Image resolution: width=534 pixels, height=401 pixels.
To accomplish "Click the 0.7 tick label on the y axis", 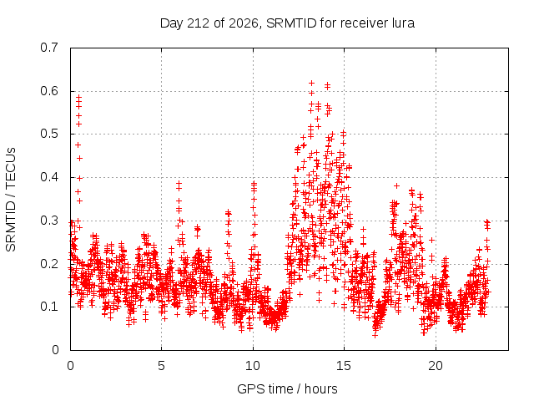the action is (x=49, y=48).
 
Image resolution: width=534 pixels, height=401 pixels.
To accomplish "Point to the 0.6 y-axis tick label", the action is (x=49, y=91).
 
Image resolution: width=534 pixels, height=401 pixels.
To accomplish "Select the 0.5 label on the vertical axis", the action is (x=49, y=134).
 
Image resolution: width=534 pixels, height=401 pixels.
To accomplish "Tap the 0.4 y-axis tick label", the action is (x=49, y=177).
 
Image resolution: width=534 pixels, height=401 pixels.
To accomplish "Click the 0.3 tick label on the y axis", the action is (x=49, y=221).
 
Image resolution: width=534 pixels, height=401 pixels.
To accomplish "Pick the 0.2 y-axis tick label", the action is (x=49, y=264).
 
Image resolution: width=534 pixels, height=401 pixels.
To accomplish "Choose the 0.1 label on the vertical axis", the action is (x=49, y=307).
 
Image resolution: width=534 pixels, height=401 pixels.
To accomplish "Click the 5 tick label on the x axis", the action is (x=161, y=366).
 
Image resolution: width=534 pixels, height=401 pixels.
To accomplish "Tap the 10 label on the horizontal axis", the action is (x=253, y=366).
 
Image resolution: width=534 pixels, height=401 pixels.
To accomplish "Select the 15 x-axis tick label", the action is (x=344, y=366).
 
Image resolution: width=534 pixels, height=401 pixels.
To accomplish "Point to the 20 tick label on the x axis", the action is (x=436, y=366).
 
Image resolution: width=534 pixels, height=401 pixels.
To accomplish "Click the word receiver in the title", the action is (x=364, y=23).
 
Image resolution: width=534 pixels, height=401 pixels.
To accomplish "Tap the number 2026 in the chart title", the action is (x=243, y=23).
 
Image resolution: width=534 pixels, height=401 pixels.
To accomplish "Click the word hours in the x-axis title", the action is (x=320, y=388).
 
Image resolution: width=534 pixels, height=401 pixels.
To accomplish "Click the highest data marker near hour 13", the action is (x=311, y=83).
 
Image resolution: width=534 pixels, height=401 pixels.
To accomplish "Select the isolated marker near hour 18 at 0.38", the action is (x=396, y=185).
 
